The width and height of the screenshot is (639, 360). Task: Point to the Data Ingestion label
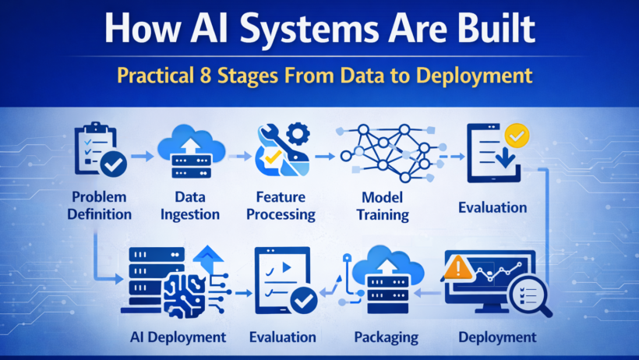point(191,204)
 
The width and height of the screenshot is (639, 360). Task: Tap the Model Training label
point(383,205)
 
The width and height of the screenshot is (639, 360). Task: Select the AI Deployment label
point(178,337)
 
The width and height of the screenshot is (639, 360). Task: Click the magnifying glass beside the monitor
point(528,298)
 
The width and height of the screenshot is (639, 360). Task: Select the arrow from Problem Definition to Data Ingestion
point(143,157)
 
